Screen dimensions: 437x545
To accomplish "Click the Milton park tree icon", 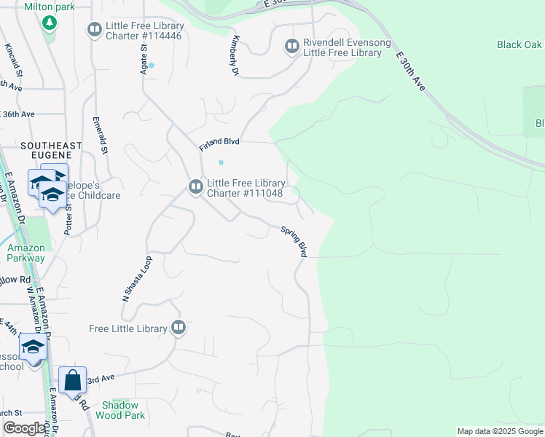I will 50,23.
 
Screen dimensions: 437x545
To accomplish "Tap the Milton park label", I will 50,7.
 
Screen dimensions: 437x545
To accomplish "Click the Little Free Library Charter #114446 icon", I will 94,30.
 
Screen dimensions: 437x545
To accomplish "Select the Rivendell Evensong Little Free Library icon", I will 292,47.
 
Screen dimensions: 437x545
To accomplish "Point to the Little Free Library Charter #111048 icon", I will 195,187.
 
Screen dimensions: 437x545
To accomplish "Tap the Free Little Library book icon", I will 179,328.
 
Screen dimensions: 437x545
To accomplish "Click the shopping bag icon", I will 72,381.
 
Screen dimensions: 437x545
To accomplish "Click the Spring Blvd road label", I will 294,240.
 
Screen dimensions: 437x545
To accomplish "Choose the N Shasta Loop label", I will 136,279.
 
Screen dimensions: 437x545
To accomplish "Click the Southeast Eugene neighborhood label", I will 46,150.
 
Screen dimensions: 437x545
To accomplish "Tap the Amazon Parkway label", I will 26,253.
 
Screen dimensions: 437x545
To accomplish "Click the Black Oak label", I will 519,44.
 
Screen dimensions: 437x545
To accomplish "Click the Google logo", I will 25,428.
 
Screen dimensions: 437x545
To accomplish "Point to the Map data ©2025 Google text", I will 499,431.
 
